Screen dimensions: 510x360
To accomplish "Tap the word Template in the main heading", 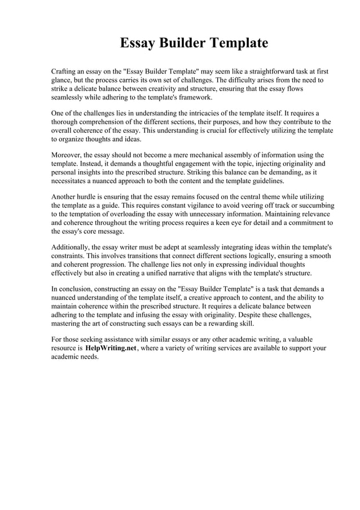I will [239, 43].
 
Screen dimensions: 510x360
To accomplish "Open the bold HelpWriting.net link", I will [111, 348].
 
